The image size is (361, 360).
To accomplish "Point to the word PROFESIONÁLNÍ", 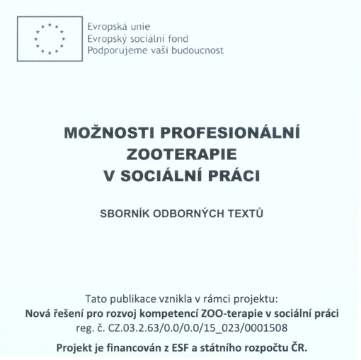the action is pyautogui.click(x=228, y=134).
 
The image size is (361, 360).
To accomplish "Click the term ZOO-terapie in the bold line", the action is pyautogui.click(x=229, y=313).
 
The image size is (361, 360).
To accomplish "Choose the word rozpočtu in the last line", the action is pyautogui.click(x=265, y=348).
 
